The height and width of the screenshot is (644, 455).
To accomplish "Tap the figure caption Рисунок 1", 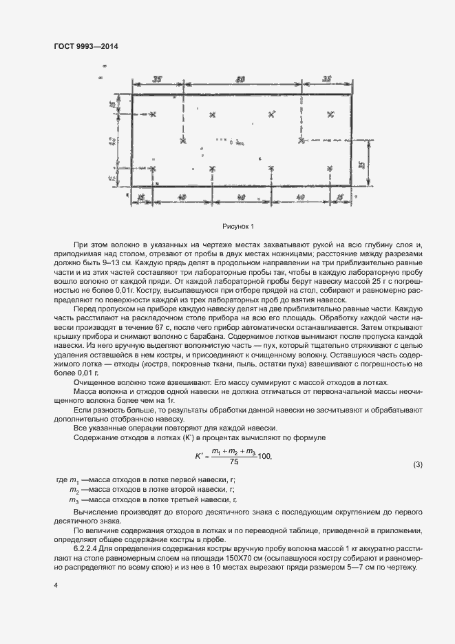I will click(238, 226).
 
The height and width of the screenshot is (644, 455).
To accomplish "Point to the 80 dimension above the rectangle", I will click(241, 80).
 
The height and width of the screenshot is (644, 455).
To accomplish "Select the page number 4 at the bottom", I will click(55, 585).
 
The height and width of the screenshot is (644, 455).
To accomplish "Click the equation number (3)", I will click(416, 464).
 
